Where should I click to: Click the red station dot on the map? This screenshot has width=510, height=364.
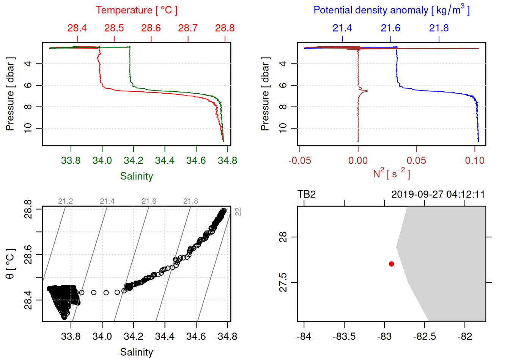[391, 264]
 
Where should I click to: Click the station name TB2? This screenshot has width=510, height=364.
[307, 195]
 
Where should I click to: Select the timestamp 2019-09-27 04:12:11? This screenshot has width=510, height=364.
[438, 195]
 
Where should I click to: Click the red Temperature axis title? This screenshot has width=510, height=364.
[137, 10]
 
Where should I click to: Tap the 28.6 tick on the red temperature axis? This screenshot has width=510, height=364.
[151, 28]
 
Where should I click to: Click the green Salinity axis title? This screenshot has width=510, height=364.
[137, 176]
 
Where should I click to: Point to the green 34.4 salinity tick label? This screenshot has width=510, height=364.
[165, 161]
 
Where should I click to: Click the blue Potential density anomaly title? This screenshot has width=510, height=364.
[391, 10]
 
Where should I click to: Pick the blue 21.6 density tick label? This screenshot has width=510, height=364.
[390, 28]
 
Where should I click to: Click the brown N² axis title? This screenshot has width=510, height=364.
[391, 173]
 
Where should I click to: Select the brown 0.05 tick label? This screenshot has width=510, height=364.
[416, 161]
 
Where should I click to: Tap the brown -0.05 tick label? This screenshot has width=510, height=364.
[299, 161]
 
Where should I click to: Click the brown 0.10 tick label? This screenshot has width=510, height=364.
[475, 161]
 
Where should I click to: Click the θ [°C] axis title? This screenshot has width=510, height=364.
[10, 264]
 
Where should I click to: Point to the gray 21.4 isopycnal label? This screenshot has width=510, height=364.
[107, 201]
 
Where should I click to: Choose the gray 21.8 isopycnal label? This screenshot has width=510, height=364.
[190, 201]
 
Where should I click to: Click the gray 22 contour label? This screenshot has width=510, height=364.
[238, 212]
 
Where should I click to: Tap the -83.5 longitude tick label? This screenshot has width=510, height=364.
[344, 337]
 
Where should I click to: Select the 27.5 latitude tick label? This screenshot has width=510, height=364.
[283, 282]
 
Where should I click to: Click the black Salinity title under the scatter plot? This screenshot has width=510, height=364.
[137, 352]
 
